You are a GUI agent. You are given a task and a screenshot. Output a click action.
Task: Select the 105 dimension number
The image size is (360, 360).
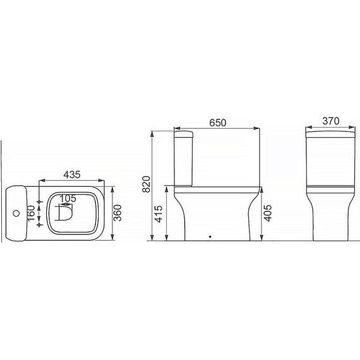pos(68,198)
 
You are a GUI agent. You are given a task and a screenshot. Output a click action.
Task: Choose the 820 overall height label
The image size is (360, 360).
pos(145,183)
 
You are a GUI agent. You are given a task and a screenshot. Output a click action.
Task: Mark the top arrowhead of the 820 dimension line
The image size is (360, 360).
pos(152,133)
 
